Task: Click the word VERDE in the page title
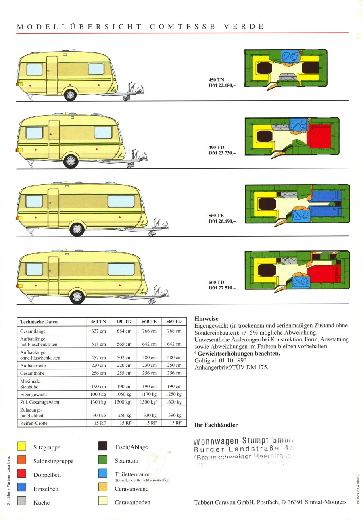click(243, 27)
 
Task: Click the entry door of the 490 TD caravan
click(54, 139)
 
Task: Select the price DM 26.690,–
click(222, 221)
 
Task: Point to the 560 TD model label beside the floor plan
click(217, 282)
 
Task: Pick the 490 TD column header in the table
click(124, 322)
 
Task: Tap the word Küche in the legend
click(42, 503)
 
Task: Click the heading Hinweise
click(207, 318)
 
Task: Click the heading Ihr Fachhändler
click(216, 425)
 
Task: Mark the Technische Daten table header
click(39, 322)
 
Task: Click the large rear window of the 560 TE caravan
click(121, 201)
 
